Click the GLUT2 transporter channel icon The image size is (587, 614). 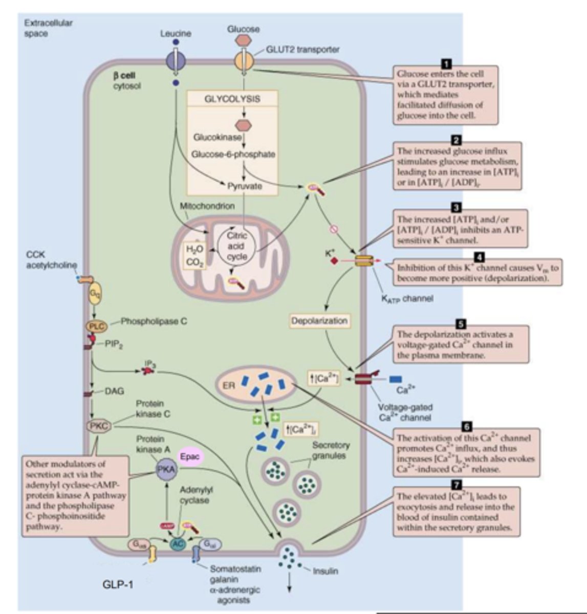[x=244, y=61]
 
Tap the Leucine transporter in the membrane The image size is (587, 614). [x=176, y=61]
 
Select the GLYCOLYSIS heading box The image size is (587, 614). [x=232, y=99]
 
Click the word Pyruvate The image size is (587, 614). [x=245, y=186]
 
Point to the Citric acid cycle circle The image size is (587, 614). [x=236, y=246]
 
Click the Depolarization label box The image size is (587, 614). [x=319, y=321]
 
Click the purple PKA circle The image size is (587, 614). [x=166, y=469]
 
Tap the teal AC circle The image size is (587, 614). [x=177, y=544]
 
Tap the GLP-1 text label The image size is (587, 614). [x=117, y=584]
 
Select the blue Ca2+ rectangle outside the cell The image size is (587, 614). [x=396, y=379]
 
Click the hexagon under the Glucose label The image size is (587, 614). [x=244, y=41]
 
